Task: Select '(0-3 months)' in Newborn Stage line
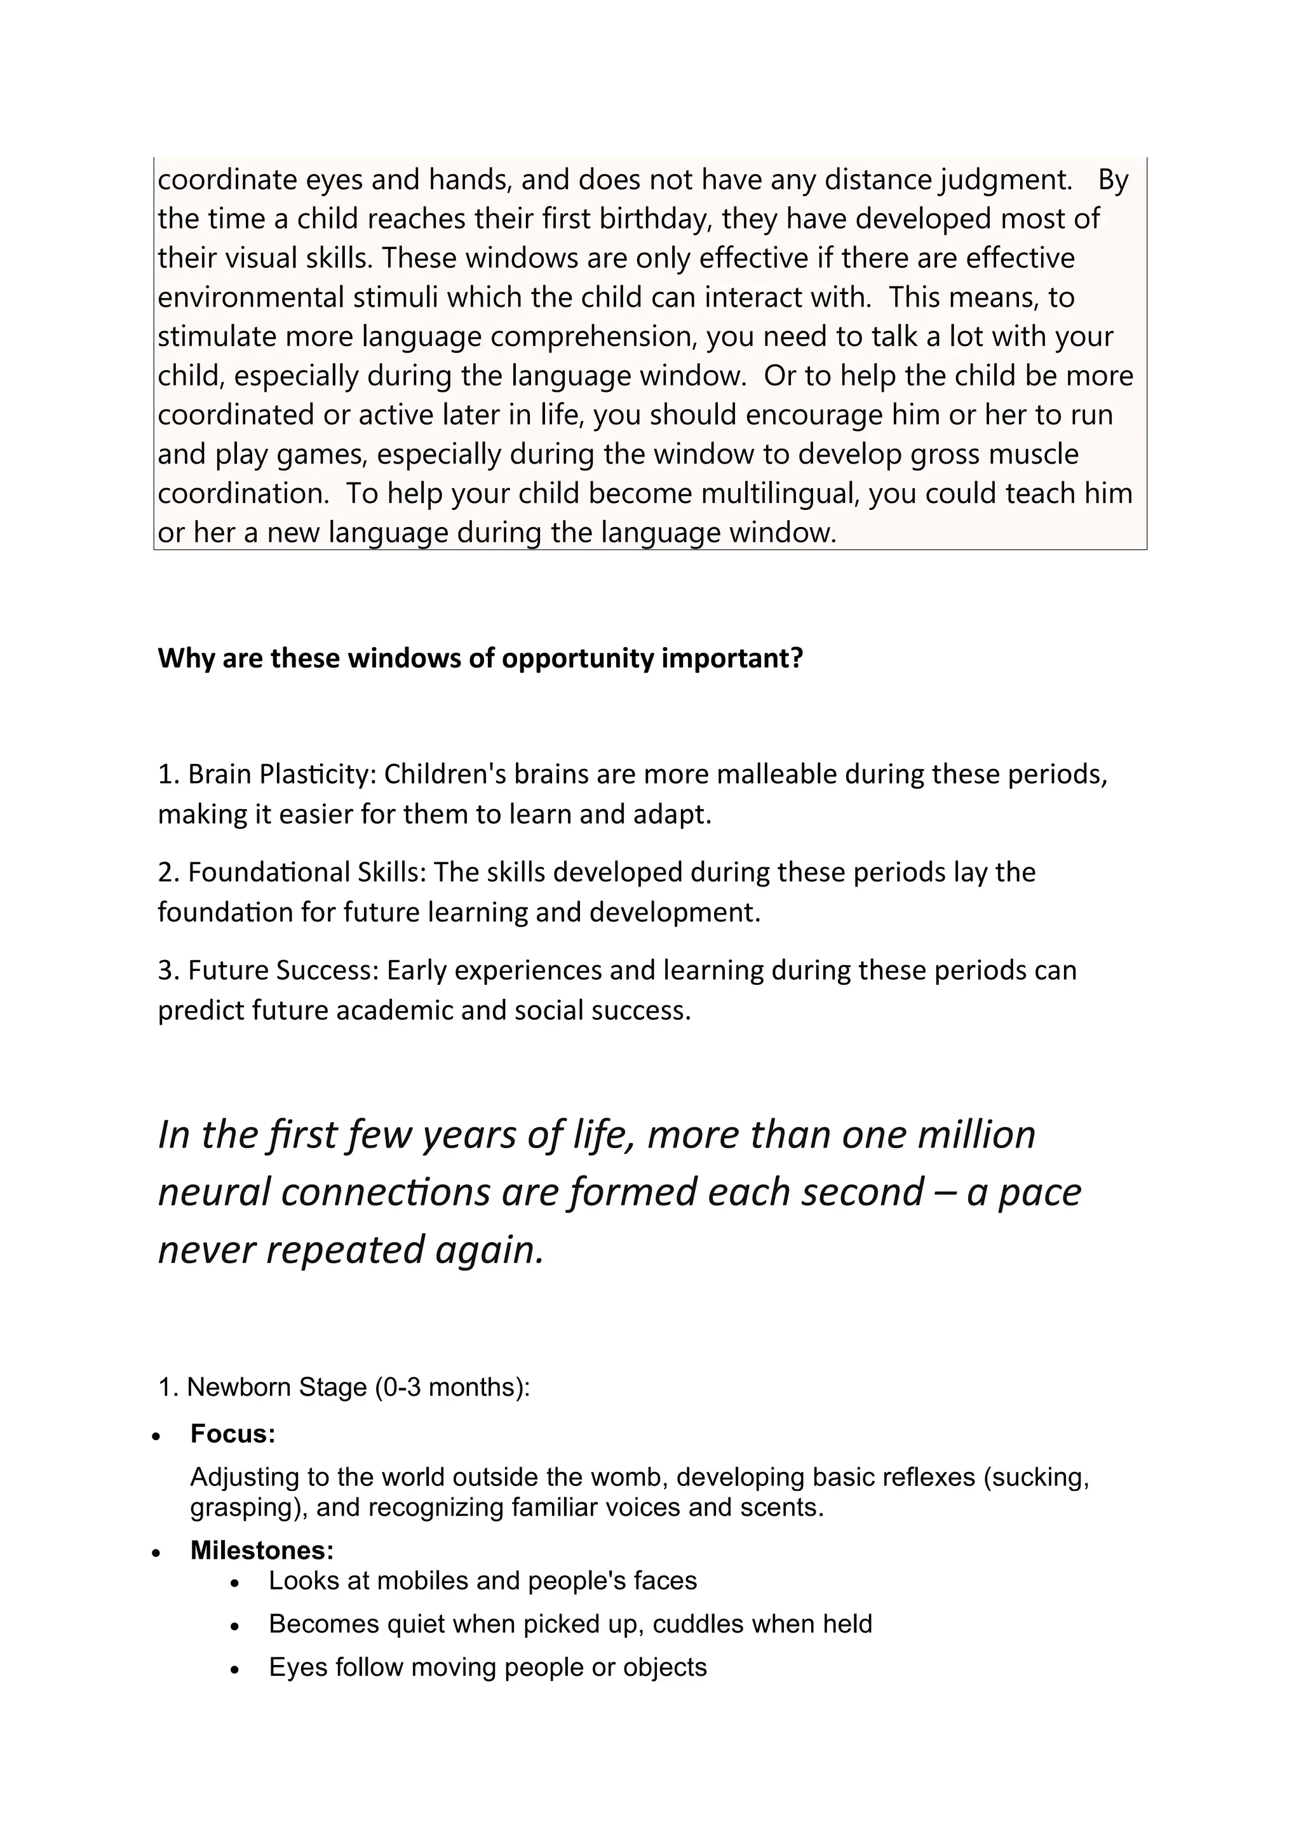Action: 451,1386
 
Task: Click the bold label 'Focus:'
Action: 233,1434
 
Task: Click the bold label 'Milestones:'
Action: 262,1551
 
